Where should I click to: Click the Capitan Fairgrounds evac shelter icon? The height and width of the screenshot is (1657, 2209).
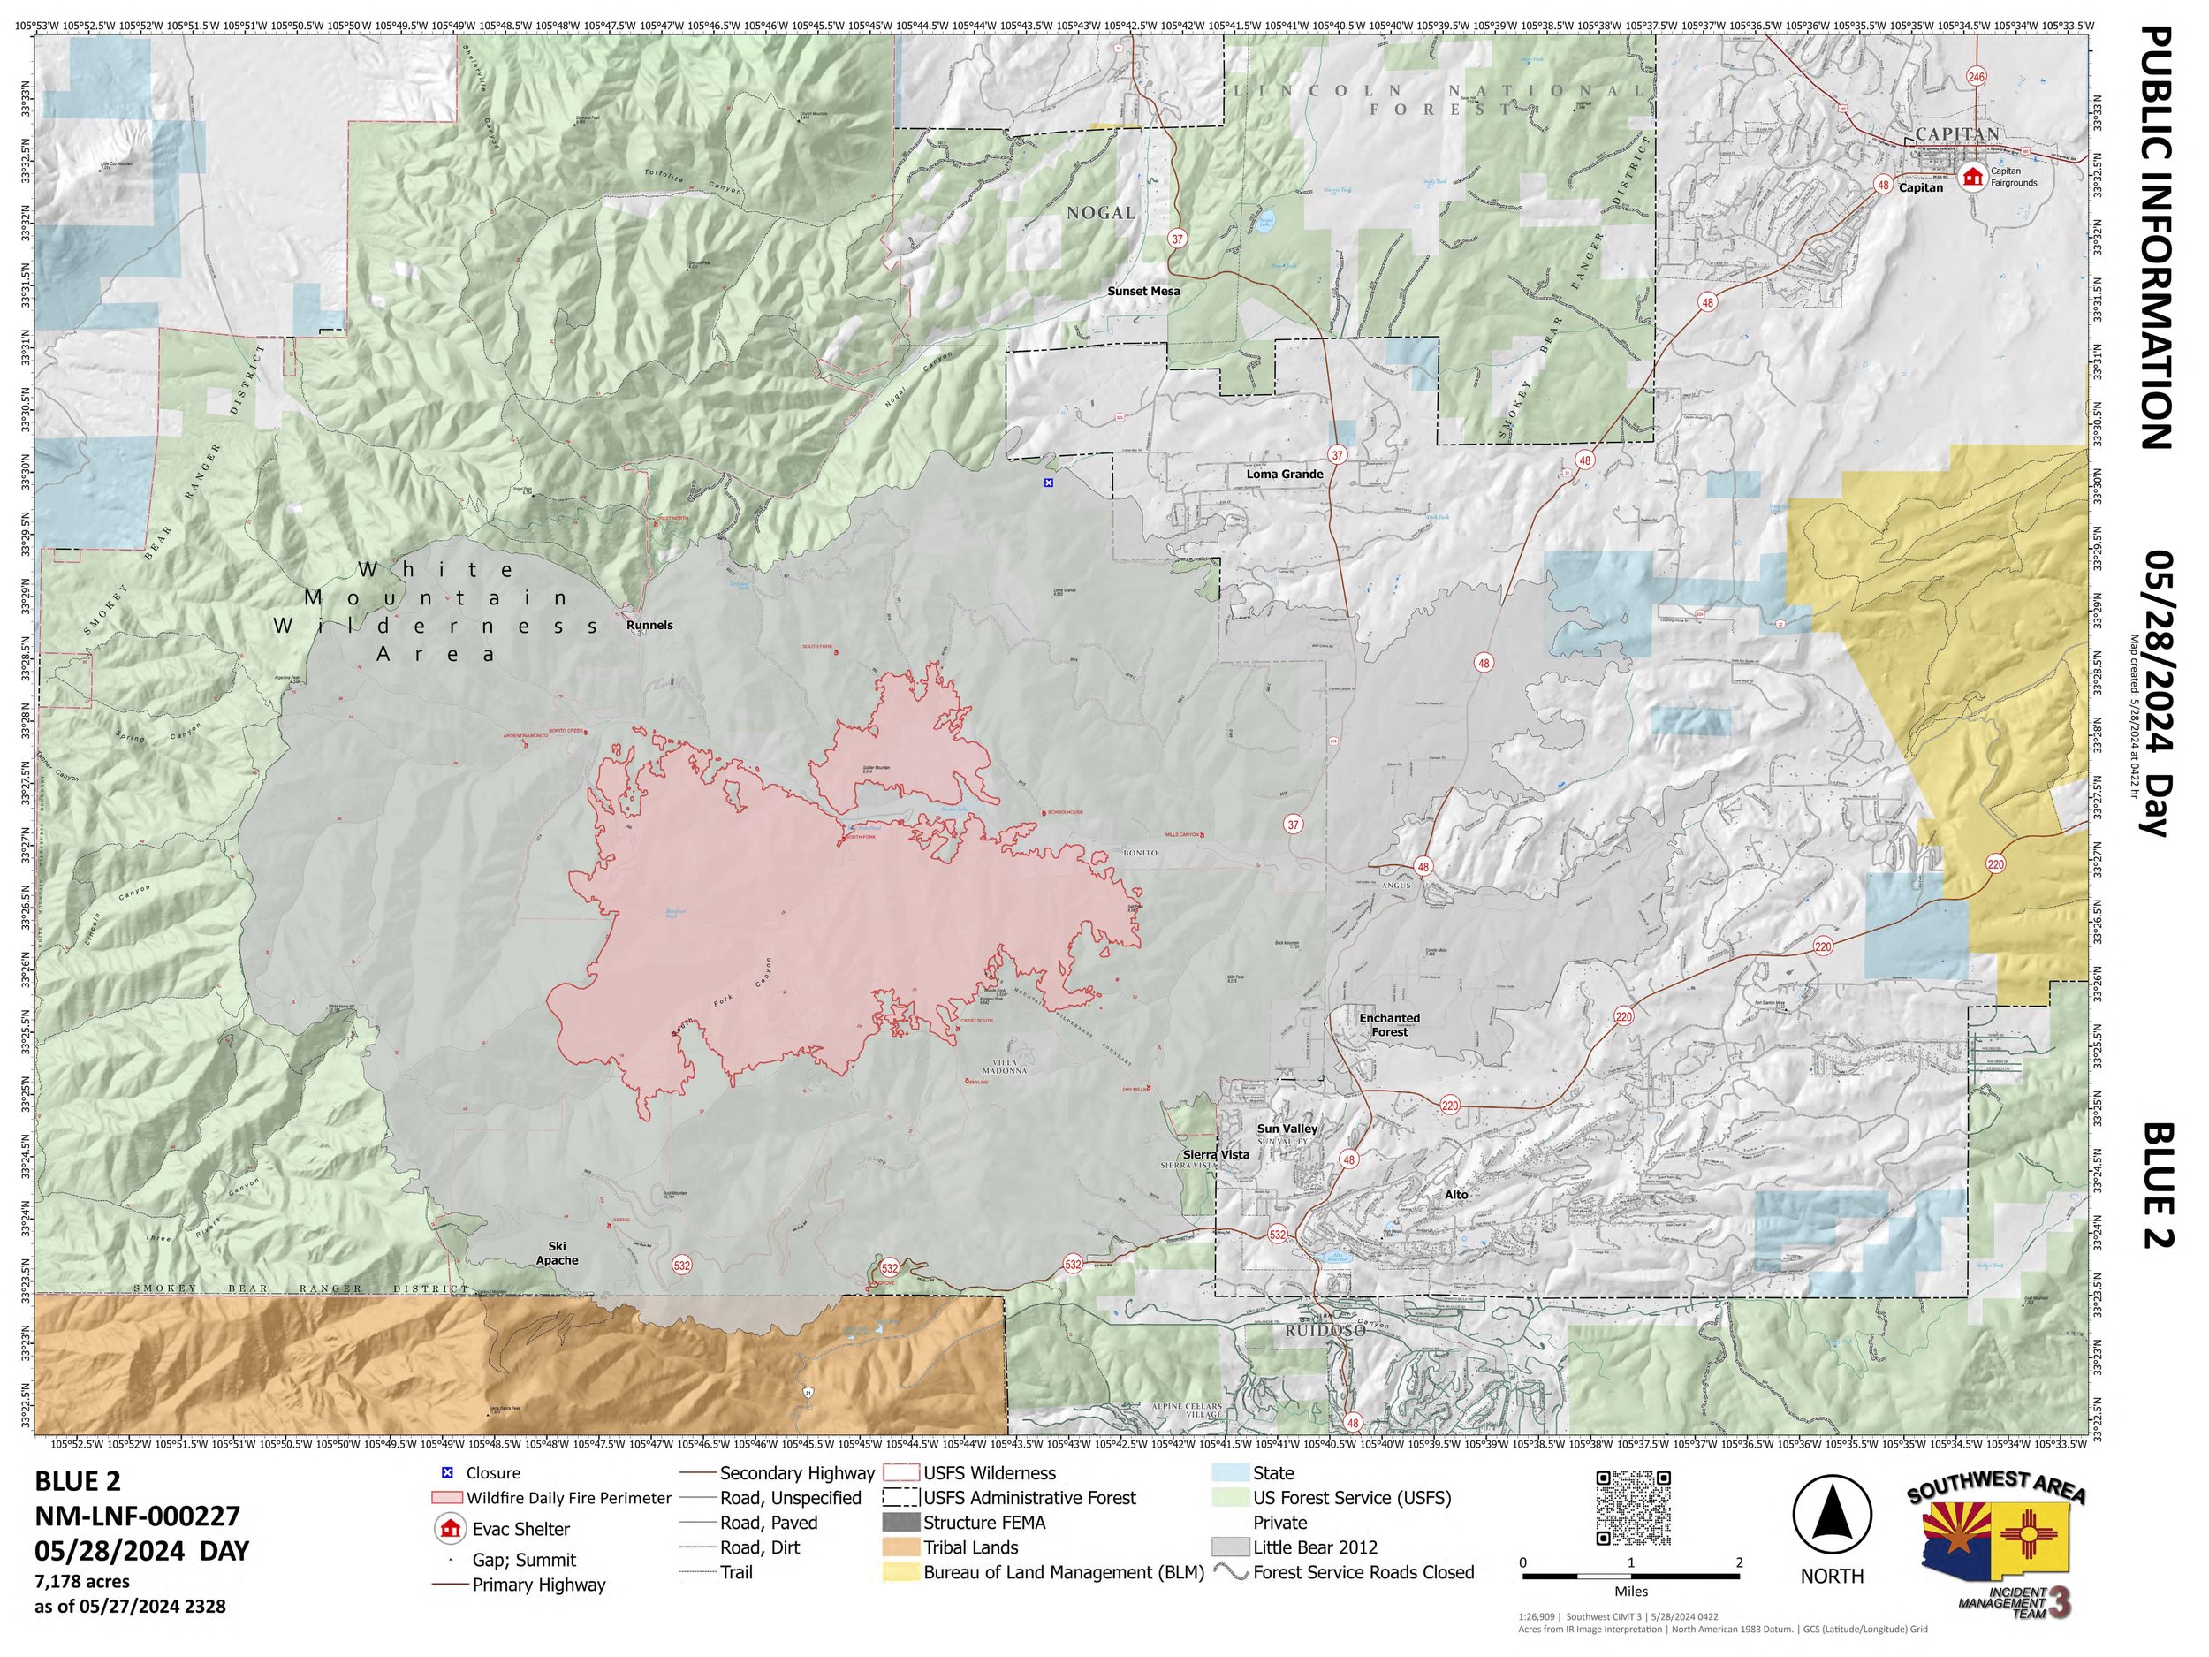tap(1971, 178)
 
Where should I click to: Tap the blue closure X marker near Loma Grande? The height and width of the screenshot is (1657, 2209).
tap(1049, 483)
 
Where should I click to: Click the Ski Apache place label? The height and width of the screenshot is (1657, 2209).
tap(558, 1253)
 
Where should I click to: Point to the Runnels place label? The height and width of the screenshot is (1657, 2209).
tap(649, 626)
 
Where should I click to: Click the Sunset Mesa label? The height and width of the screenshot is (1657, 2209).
tap(1143, 292)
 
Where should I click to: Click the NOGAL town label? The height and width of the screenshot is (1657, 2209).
tap(1100, 213)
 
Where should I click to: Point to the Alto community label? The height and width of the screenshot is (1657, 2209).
tap(1457, 1195)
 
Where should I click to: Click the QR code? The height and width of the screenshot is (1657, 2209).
tap(1633, 1509)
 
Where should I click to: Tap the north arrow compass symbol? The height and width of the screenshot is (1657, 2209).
tap(1832, 1516)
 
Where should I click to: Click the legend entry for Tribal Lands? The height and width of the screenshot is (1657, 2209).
tap(969, 1547)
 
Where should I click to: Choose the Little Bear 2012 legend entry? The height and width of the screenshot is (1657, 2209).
tap(1314, 1547)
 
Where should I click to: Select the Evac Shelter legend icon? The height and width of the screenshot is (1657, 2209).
tap(451, 1529)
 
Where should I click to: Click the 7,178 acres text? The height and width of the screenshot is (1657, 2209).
tap(82, 1581)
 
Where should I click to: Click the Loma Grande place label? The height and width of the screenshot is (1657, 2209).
tap(1284, 475)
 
